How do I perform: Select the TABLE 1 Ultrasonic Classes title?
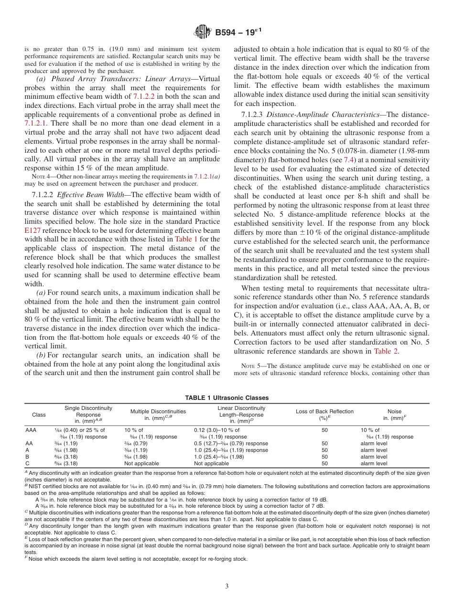click(x=227, y=398)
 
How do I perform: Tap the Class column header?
click(x=39, y=415)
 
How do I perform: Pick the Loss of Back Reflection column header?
click(x=324, y=411)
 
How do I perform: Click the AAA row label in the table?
click(x=31, y=430)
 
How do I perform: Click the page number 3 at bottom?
click(x=227, y=586)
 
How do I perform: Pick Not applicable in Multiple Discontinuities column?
click(x=142, y=463)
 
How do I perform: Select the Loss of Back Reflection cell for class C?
click(x=324, y=463)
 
